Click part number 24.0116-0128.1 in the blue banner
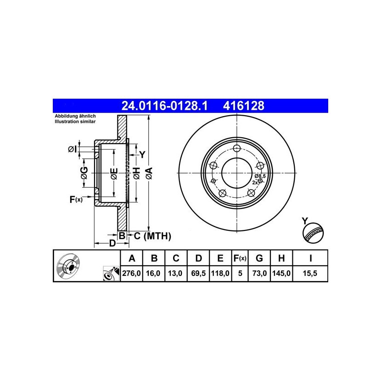click(x=164, y=106)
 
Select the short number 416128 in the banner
click(x=243, y=106)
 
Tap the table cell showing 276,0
click(x=131, y=274)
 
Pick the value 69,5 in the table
click(x=198, y=274)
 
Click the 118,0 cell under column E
click(x=220, y=274)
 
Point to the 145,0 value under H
click(x=281, y=274)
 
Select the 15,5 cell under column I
click(x=310, y=274)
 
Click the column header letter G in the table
click(x=259, y=258)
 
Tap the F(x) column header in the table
click(x=240, y=258)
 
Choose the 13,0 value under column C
click(x=175, y=274)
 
